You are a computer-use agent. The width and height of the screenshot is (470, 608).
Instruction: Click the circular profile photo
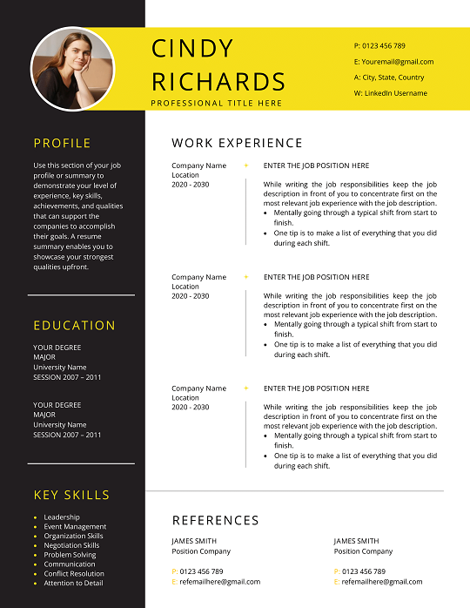coord(73,69)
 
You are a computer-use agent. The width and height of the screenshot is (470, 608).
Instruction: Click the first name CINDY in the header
coord(192,49)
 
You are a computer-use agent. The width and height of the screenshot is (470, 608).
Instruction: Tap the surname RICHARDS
coord(218,82)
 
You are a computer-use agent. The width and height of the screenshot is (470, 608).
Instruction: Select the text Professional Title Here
coord(217,103)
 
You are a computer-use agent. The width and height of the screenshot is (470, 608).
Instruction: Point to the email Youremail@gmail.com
coord(393,62)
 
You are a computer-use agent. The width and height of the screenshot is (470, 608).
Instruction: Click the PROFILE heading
coord(62,144)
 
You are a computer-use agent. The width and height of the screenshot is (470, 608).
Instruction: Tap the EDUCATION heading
coord(74,326)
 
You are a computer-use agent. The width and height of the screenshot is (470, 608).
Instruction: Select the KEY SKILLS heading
coord(71,495)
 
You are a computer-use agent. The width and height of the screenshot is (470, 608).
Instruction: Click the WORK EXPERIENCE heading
coord(237,143)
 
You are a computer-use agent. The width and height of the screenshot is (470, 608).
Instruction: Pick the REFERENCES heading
coord(215,520)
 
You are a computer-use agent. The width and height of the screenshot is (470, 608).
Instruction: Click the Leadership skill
coord(62,517)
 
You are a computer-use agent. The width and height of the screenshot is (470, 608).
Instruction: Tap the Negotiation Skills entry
coord(71,545)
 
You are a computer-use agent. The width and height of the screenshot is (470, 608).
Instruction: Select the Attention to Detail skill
coord(73,583)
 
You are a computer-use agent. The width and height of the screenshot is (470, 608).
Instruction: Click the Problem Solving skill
coord(70,555)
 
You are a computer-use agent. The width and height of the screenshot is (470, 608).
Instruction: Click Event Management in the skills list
coord(75,527)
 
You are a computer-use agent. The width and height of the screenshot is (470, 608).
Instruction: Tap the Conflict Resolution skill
coord(74,574)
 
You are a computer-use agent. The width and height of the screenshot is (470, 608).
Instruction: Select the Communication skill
coord(70,564)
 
